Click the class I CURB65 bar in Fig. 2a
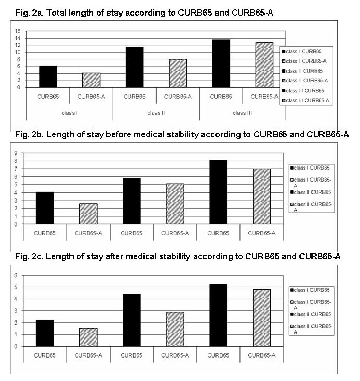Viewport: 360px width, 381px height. click(48, 76)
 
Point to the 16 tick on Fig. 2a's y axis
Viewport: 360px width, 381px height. click(18, 31)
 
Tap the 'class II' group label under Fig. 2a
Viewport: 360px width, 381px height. click(156, 113)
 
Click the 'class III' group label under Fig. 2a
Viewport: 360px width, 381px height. click(243, 113)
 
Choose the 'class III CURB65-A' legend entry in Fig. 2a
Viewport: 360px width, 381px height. click(307, 101)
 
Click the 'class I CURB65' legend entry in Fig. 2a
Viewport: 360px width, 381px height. click(304, 51)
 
